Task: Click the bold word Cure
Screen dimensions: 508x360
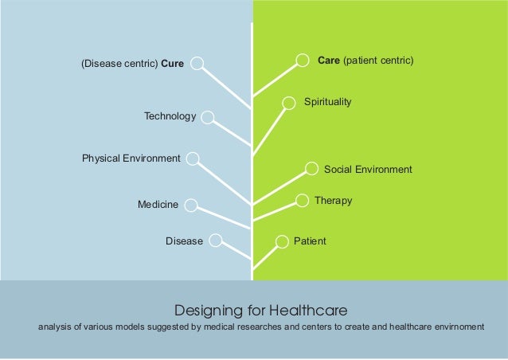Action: point(172,64)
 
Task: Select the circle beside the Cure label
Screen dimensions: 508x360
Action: point(198,63)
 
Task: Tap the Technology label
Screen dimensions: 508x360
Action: point(170,117)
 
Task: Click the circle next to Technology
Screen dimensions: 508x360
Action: point(208,118)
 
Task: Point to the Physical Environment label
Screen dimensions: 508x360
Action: point(131,158)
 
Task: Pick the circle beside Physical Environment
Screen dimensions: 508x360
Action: point(193,159)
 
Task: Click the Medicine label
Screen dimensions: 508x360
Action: point(158,205)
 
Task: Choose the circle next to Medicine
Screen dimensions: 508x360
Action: point(192,205)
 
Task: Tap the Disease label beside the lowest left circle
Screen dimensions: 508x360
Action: point(184,241)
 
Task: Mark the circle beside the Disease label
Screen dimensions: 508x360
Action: point(216,240)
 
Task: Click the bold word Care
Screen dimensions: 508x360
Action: point(329,60)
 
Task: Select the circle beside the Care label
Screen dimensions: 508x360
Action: point(303,60)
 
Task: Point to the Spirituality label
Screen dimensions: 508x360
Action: point(327,102)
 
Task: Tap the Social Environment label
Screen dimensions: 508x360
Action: point(368,170)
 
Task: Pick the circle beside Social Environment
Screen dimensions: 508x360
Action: point(312,168)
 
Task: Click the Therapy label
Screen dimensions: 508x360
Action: point(333,201)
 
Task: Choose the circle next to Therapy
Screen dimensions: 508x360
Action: point(302,200)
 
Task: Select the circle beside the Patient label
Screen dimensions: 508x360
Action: point(281,241)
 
